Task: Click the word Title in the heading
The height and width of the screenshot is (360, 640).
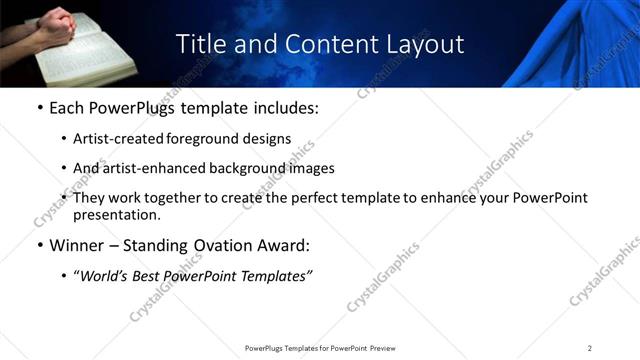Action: [x=198, y=45]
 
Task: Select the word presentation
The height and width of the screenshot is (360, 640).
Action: [x=116, y=215]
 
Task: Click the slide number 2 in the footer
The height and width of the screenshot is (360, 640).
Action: [x=589, y=347]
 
